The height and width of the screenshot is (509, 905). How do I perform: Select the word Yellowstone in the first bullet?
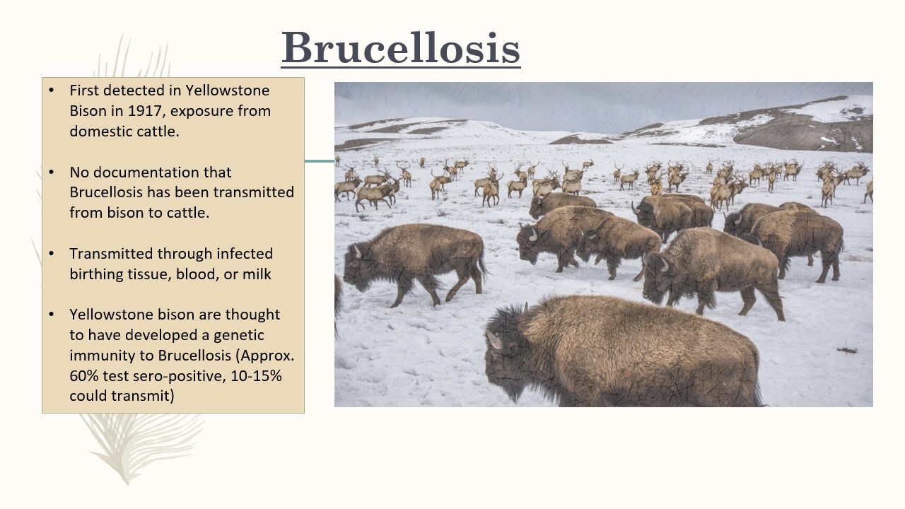tap(228, 90)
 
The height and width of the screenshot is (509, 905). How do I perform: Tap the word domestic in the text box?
tap(98, 131)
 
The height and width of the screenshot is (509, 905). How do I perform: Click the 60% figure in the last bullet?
tap(83, 375)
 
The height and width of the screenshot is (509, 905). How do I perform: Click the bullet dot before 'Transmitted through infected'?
tap(51, 254)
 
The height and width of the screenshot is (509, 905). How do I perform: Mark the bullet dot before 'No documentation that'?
tap(51, 172)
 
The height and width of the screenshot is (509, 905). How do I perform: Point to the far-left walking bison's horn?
tap(357, 251)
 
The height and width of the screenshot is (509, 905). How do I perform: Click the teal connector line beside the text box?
tap(319, 161)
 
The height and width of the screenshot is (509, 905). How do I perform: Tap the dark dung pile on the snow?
tap(847, 350)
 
